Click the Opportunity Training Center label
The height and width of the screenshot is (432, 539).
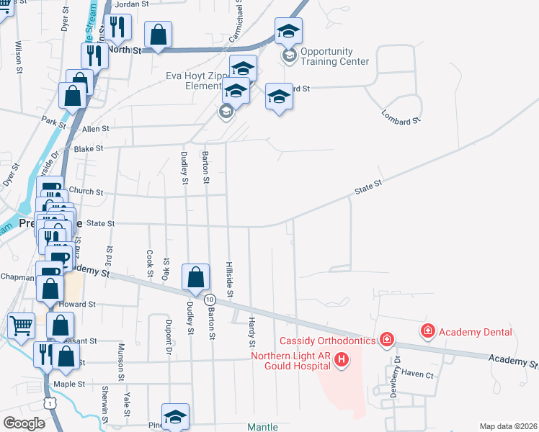click(x=326, y=56)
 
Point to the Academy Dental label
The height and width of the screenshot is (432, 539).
click(x=475, y=332)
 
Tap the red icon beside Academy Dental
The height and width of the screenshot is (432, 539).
click(x=428, y=331)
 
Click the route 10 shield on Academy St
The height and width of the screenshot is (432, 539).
click(x=210, y=298)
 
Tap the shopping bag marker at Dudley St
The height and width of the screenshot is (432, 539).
click(x=196, y=277)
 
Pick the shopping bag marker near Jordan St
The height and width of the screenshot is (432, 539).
click(x=159, y=34)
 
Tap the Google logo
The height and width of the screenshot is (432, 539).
click(x=24, y=423)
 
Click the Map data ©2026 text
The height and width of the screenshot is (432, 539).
click(x=508, y=426)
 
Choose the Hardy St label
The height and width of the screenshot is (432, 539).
click(x=252, y=328)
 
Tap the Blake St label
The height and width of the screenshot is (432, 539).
click(x=89, y=148)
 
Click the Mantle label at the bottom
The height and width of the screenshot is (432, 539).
click(x=262, y=427)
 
